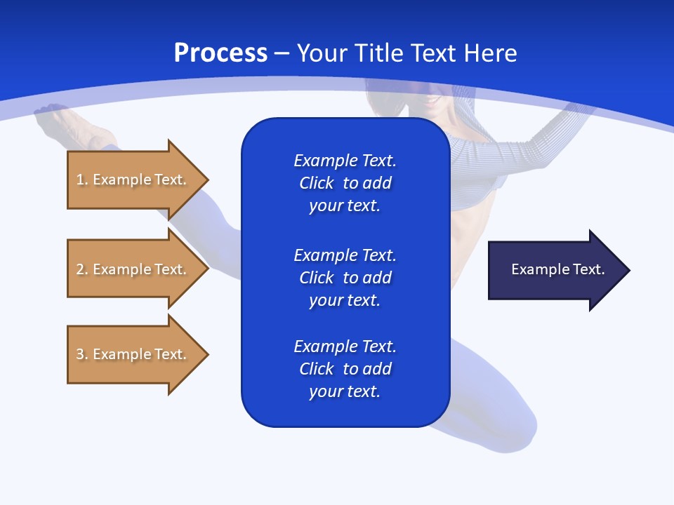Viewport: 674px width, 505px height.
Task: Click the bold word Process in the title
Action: pyautogui.click(x=220, y=53)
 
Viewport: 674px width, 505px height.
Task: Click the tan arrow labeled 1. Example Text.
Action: pyautogui.click(x=133, y=180)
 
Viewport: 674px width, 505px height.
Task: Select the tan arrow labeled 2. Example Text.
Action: pyautogui.click(x=133, y=269)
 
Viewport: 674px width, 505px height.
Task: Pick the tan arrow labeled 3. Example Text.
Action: pyautogui.click(x=133, y=354)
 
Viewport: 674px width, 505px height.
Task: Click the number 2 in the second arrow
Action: pyautogui.click(x=80, y=269)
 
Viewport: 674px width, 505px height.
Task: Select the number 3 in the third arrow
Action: pyautogui.click(x=80, y=354)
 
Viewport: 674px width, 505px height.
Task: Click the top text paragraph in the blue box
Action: pyautogui.click(x=345, y=183)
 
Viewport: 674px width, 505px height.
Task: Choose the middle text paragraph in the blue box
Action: pyautogui.click(x=345, y=278)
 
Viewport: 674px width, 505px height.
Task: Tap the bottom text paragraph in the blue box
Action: pyautogui.click(x=345, y=369)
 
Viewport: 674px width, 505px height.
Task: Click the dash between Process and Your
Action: pyautogui.click(x=282, y=53)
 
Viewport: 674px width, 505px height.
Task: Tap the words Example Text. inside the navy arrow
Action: pyautogui.click(x=557, y=269)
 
